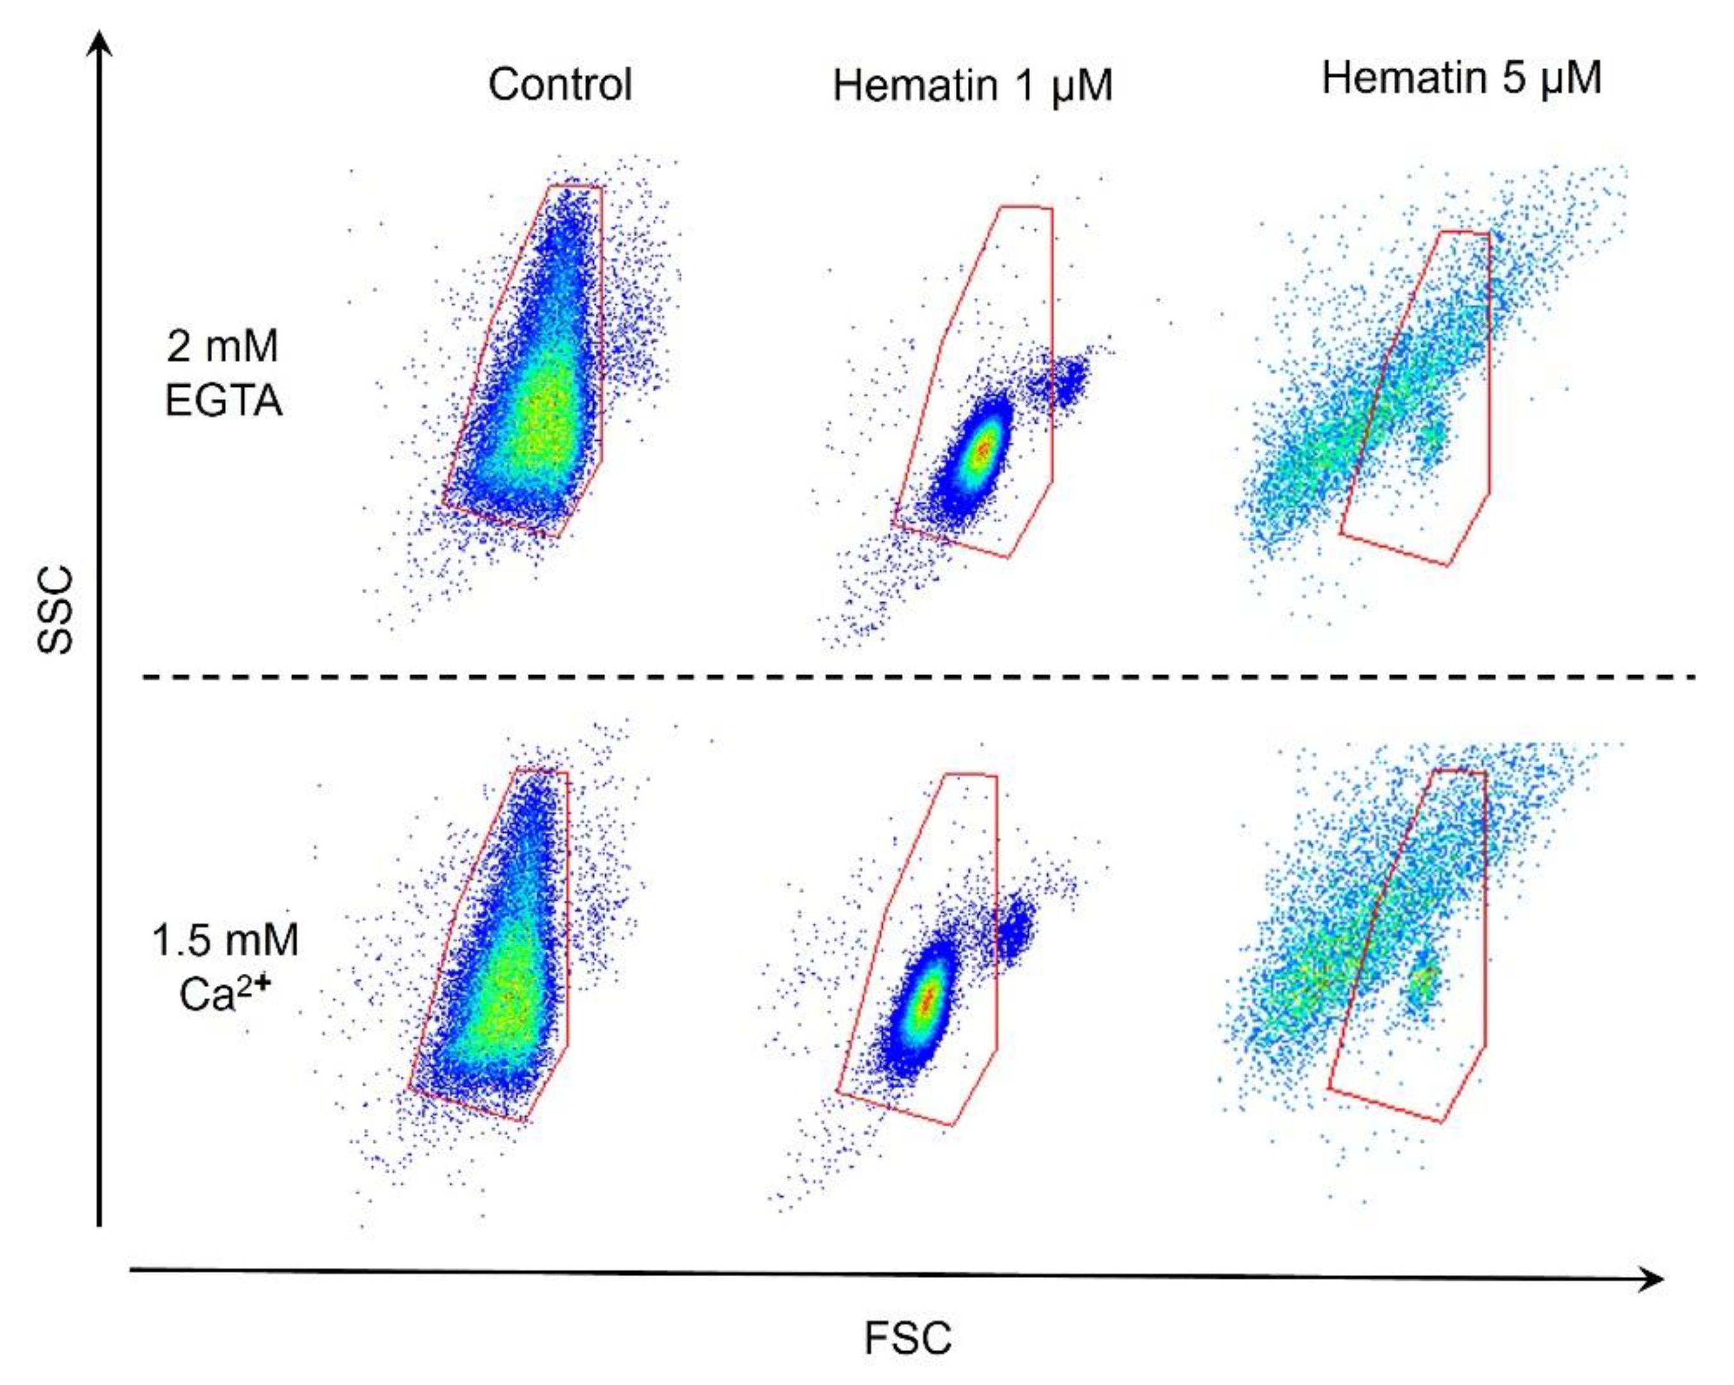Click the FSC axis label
click(907, 1339)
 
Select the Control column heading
click(560, 85)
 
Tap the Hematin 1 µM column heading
click(972, 86)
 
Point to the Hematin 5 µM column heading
click(1461, 79)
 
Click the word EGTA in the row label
click(224, 400)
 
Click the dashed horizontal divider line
click(917, 677)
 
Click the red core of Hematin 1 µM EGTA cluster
click(982, 451)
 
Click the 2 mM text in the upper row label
click(222, 347)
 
